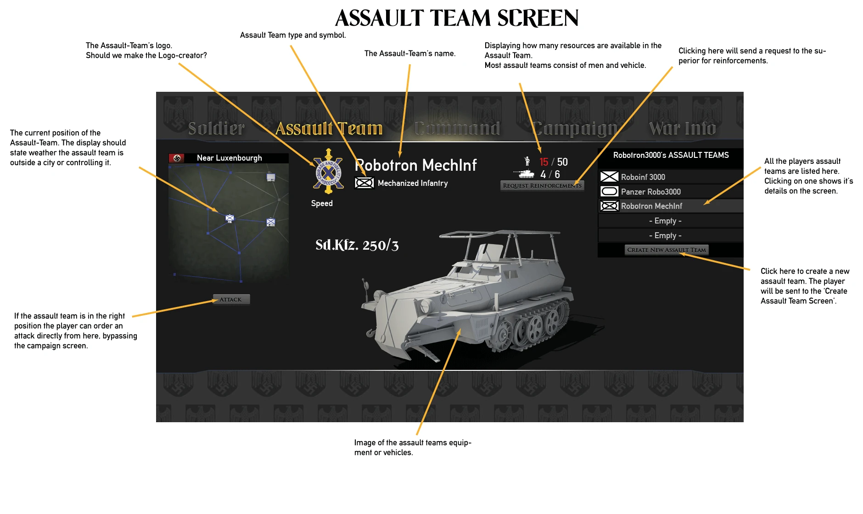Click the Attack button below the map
click(x=231, y=300)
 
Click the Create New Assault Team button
click(x=667, y=250)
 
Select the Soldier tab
click(x=217, y=128)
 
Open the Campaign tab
click(x=575, y=128)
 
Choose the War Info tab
click(x=683, y=128)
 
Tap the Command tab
click(x=457, y=128)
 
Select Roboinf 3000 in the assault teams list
click(x=643, y=177)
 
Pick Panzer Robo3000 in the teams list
click(x=650, y=192)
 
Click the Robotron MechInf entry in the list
click(x=651, y=206)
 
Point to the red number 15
click(x=544, y=162)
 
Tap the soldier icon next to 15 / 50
click(x=527, y=161)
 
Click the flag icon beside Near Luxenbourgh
click(x=177, y=158)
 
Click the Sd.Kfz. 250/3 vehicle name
click(x=357, y=245)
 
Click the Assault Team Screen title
click(x=457, y=18)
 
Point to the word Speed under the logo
click(x=322, y=203)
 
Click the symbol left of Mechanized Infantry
click(x=364, y=183)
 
